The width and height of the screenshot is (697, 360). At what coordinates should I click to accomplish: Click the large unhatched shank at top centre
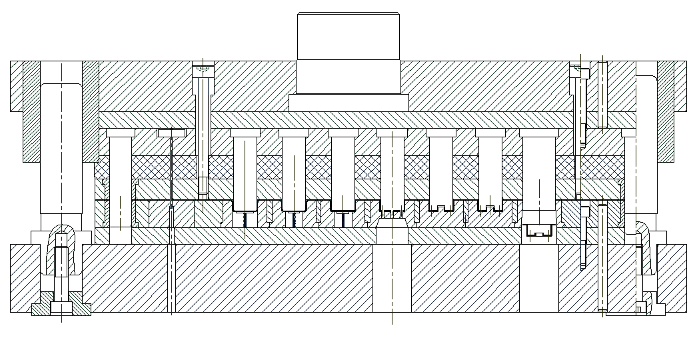(x=348, y=53)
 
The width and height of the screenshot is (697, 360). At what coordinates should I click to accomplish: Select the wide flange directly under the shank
(x=348, y=103)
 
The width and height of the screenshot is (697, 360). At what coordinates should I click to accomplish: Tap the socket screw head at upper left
(x=204, y=69)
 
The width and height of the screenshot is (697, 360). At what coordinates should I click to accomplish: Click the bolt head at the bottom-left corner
(x=61, y=309)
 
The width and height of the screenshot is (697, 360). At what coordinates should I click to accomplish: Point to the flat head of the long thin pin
(x=171, y=133)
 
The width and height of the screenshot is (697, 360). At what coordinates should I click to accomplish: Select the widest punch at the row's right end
(x=539, y=173)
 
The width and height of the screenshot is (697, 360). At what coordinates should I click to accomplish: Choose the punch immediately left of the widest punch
(x=490, y=167)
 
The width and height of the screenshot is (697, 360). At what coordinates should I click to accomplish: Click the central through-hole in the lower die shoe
(x=392, y=277)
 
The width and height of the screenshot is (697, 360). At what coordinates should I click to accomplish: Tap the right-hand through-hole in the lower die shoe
(x=538, y=277)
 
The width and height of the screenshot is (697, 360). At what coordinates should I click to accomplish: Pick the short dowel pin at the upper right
(x=602, y=93)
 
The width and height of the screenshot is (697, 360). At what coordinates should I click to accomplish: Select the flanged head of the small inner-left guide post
(x=120, y=133)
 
